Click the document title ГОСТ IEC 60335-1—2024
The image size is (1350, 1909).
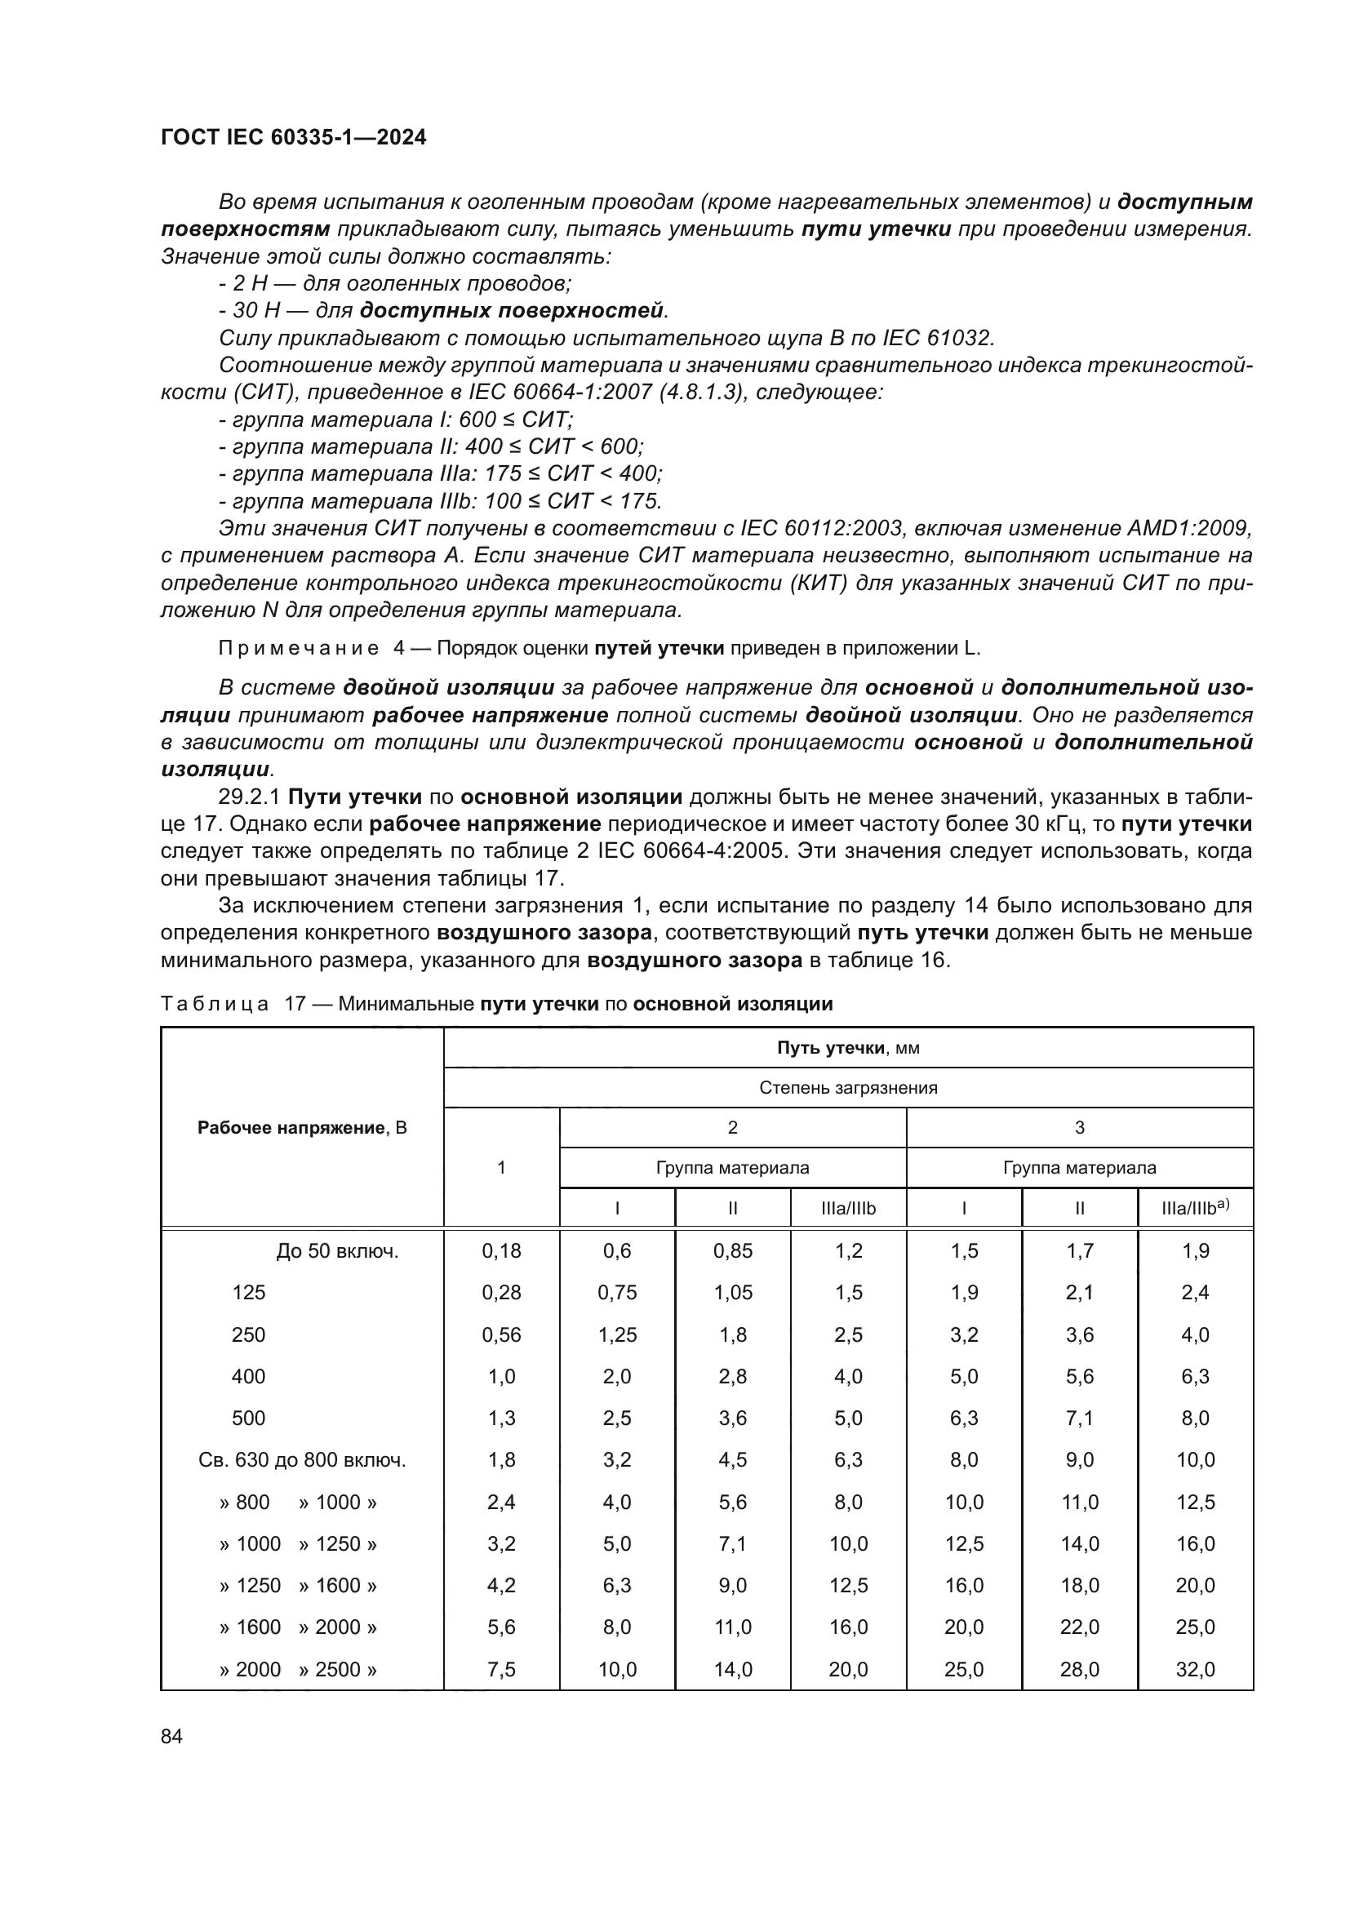293,138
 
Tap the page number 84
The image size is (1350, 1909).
171,1736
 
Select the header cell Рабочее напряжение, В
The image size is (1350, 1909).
302,1128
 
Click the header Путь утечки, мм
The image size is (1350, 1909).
848,1048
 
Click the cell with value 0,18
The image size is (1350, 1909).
501,1250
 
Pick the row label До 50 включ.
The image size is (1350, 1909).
338,1250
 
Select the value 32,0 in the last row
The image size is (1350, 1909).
1195,1669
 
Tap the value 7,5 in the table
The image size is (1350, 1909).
501,1669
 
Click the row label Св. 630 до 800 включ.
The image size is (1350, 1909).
302,1460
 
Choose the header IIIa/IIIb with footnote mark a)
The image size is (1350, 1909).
1195,1208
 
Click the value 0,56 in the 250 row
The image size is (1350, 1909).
501,1334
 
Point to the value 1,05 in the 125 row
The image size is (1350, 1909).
732,1292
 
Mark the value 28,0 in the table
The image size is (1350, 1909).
1079,1669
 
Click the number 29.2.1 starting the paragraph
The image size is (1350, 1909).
250,797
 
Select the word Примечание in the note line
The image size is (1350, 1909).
299,649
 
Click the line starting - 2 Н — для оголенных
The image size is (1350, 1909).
395,283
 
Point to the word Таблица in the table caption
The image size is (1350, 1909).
215,1004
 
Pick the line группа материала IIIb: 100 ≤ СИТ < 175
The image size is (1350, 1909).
441,500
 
